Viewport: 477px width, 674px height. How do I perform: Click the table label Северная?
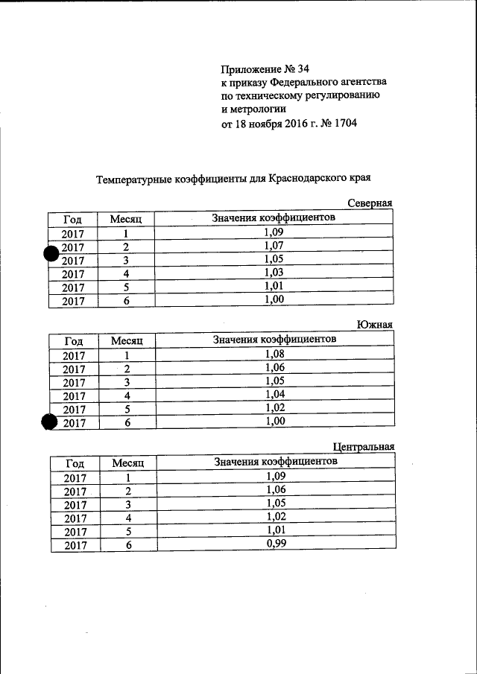pos(370,204)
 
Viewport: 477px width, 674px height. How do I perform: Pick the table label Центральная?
pos(363,447)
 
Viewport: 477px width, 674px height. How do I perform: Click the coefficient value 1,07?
pos(274,245)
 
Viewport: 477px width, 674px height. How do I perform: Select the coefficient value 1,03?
pos(274,273)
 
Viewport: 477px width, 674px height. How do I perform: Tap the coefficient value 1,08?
pos(275,354)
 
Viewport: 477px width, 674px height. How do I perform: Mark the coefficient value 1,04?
pos(275,394)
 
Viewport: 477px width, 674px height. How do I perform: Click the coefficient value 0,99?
pos(276,543)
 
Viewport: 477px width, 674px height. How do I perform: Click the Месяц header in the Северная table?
pos(131,219)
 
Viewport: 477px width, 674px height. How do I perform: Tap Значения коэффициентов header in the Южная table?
pos(274,339)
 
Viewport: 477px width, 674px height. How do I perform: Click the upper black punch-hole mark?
pos(51,255)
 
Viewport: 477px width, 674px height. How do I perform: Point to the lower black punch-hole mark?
pos(50,422)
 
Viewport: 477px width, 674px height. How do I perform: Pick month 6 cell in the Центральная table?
pos(129,545)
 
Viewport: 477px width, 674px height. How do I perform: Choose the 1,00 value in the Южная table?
pos(275,421)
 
